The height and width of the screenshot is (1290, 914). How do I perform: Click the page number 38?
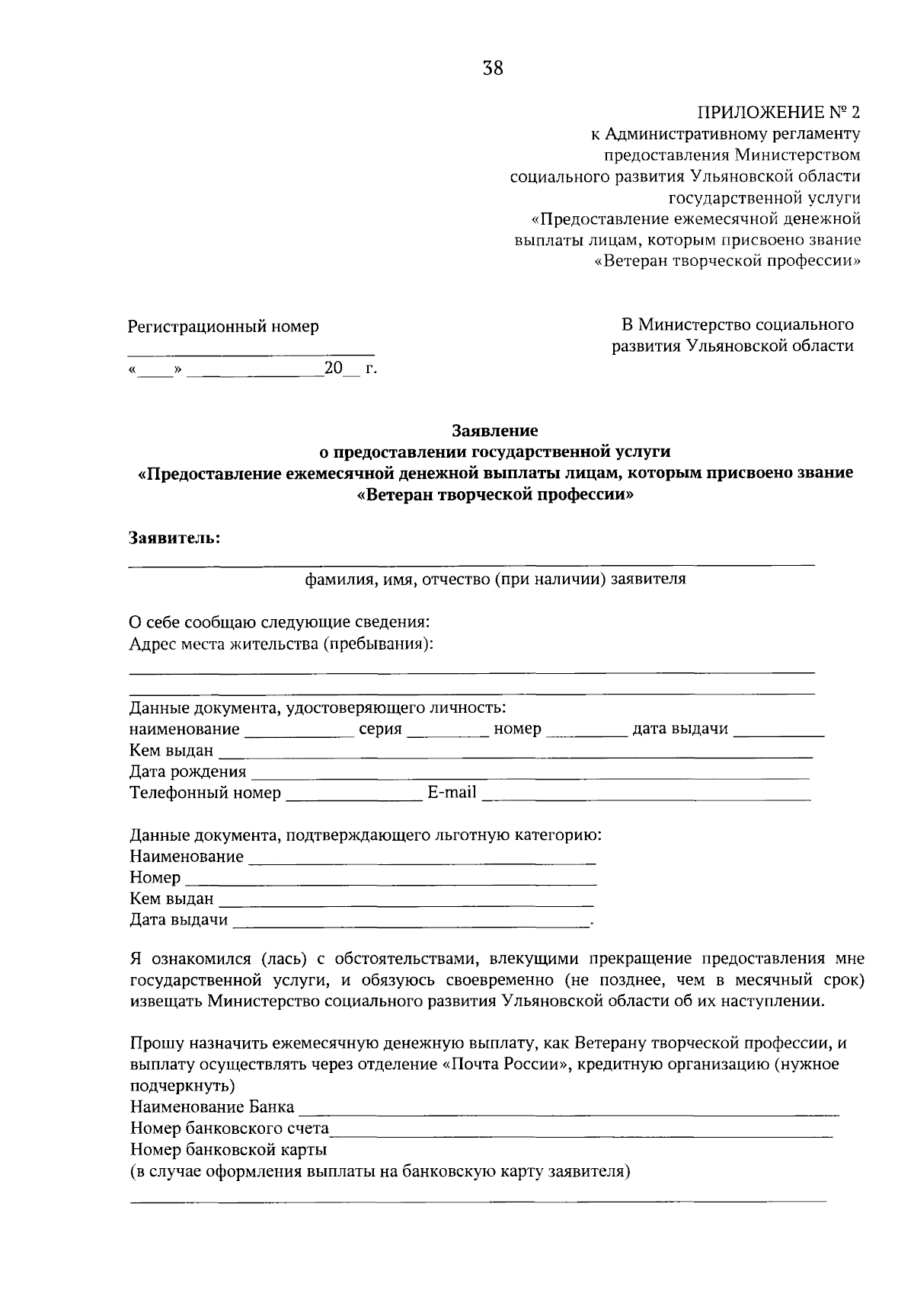coord(493,69)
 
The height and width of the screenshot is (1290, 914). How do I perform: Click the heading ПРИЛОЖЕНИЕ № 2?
coord(778,113)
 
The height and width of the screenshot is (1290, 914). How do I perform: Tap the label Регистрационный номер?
coord(223,327)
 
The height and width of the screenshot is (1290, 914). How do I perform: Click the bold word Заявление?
coord(495,431)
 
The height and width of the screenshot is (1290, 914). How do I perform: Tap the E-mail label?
coord(452,793)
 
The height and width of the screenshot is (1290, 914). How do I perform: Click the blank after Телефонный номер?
coord(353,797)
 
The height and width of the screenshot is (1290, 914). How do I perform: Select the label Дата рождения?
coord(187,772)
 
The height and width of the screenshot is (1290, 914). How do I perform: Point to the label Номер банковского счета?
coord(229,1128)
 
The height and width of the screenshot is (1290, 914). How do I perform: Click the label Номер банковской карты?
coord(228,1149)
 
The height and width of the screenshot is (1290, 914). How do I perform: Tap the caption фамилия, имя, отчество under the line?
coord(495,579)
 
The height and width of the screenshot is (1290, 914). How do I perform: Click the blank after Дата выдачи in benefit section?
coord(411,924)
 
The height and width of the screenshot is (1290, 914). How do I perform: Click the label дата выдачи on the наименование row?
coord(680,729)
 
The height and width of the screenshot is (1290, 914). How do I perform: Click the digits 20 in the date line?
coord(334,369)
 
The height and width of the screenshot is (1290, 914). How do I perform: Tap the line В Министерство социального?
coord(737,325)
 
